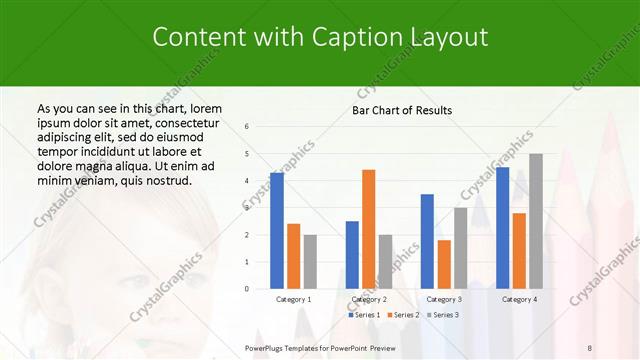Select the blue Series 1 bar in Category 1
[277, 230]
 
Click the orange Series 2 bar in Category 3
[444, 264]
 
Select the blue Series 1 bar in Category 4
[502, 227]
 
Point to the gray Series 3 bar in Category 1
[310, 261]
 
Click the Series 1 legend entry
[366, 315]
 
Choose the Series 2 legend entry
[405, 315]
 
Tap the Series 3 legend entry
[443, 315]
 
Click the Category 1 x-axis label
[294, 299]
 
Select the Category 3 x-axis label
[444, 299]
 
